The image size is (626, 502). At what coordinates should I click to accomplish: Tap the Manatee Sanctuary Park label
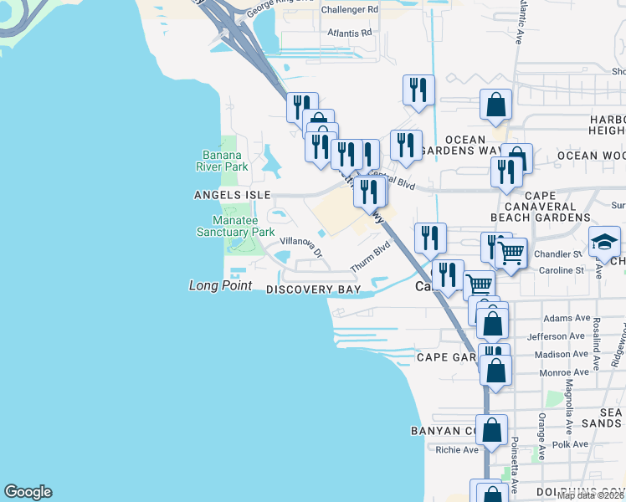point(235,226)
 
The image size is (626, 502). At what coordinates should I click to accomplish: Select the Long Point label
point(220,286)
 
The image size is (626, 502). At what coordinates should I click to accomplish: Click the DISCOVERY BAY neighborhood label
point(313,289)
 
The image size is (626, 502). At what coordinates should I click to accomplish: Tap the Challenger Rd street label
point(348,9)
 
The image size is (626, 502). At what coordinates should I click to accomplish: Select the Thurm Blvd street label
point(376,250)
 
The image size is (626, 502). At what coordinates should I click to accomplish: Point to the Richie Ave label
point(457,449)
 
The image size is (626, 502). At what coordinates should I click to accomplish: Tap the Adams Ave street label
point(567,318)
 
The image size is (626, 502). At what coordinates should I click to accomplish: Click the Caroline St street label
point(562,270)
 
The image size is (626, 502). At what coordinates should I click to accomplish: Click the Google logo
point(28,492)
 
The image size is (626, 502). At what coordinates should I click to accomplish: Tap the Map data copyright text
point(590,495)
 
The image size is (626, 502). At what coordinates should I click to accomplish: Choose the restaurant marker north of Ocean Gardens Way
point(418,90)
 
